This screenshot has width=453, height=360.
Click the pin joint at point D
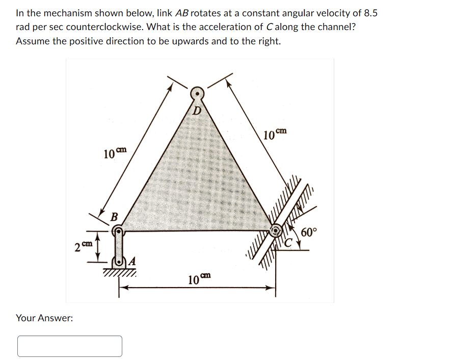click(x=197, y=94)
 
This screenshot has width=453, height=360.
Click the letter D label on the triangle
click(x=197, y=111)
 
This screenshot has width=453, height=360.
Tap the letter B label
click(x=115, y=217)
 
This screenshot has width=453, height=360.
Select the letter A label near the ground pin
click(x=131, y=261)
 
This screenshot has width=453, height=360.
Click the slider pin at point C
click(x=276, y=230)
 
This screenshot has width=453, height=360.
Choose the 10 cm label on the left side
click(x=114, y=153)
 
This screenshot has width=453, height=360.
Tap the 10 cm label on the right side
click(x=275, y=135)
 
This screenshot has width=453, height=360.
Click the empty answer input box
click(x=70, y=346)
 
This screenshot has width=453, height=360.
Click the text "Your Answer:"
click(x=44, y=318)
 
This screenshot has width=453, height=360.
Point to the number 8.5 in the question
click(x=371, y=13)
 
